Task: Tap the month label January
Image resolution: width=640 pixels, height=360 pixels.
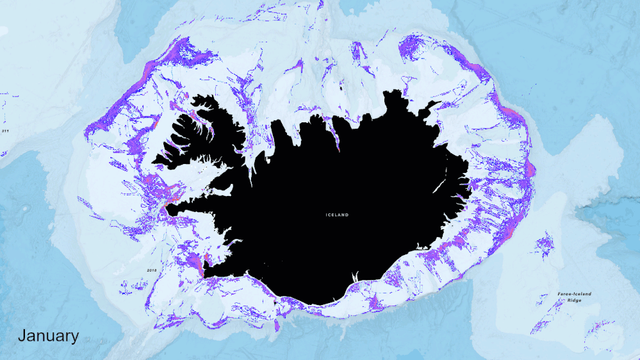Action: point(48,336)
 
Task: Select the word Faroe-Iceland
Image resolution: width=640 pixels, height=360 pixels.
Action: point(566,294)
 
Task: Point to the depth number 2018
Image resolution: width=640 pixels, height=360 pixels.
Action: point(152,270)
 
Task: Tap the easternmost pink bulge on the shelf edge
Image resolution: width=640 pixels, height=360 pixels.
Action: point(530,169)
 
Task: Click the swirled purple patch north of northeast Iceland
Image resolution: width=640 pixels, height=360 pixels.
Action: point(413,48)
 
